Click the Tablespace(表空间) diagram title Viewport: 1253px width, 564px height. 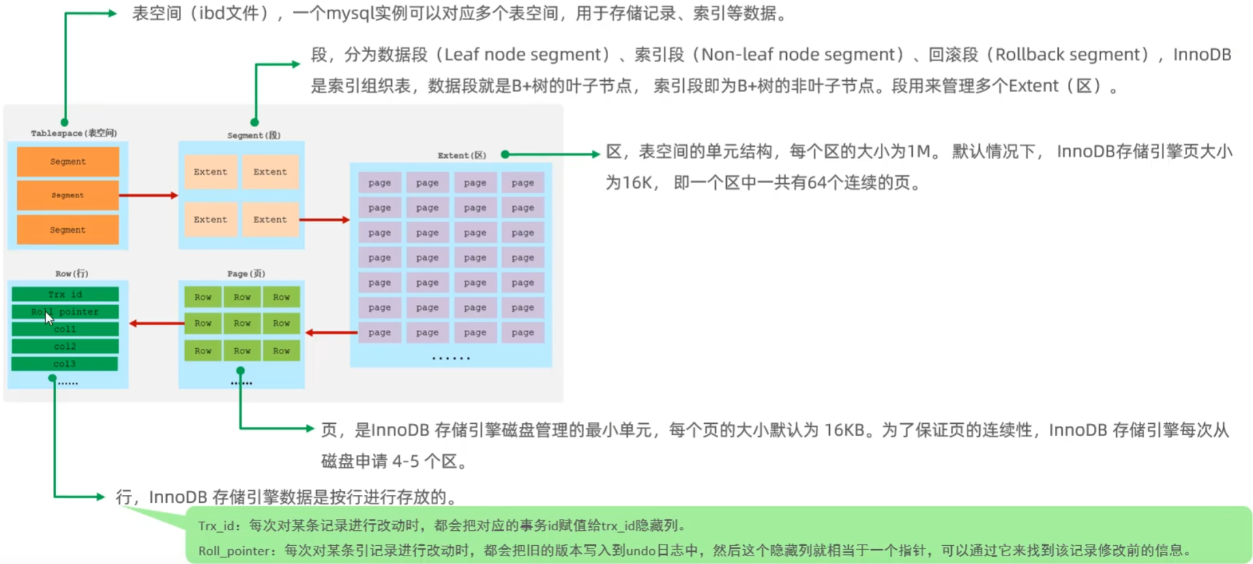[x=74, y=133]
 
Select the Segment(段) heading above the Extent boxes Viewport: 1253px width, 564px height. [x=254, y=135]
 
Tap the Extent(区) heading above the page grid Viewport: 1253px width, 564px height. [x=462, y=155]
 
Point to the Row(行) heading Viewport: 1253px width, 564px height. [x=72, y=273]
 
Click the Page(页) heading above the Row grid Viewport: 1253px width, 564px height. [x=246, y=273]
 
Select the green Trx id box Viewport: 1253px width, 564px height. [x=65, y=294]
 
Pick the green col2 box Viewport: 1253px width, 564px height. [x=65, y=346]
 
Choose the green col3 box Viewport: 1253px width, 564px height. [x=65, y=364]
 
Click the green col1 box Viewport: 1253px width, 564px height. [x=65, y=329]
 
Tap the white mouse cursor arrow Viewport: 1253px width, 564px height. [x=48, y=318]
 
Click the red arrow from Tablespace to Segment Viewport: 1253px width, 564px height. [x=149, y=195]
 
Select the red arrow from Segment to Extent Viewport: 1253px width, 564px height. [x=325, y=220]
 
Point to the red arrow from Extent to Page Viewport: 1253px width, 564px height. [x=331, y=333]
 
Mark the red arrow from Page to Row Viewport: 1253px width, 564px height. [x=156, y=323]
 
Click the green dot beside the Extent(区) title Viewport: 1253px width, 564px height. [x=505, y=155]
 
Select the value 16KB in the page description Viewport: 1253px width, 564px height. [x=844, y=430]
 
